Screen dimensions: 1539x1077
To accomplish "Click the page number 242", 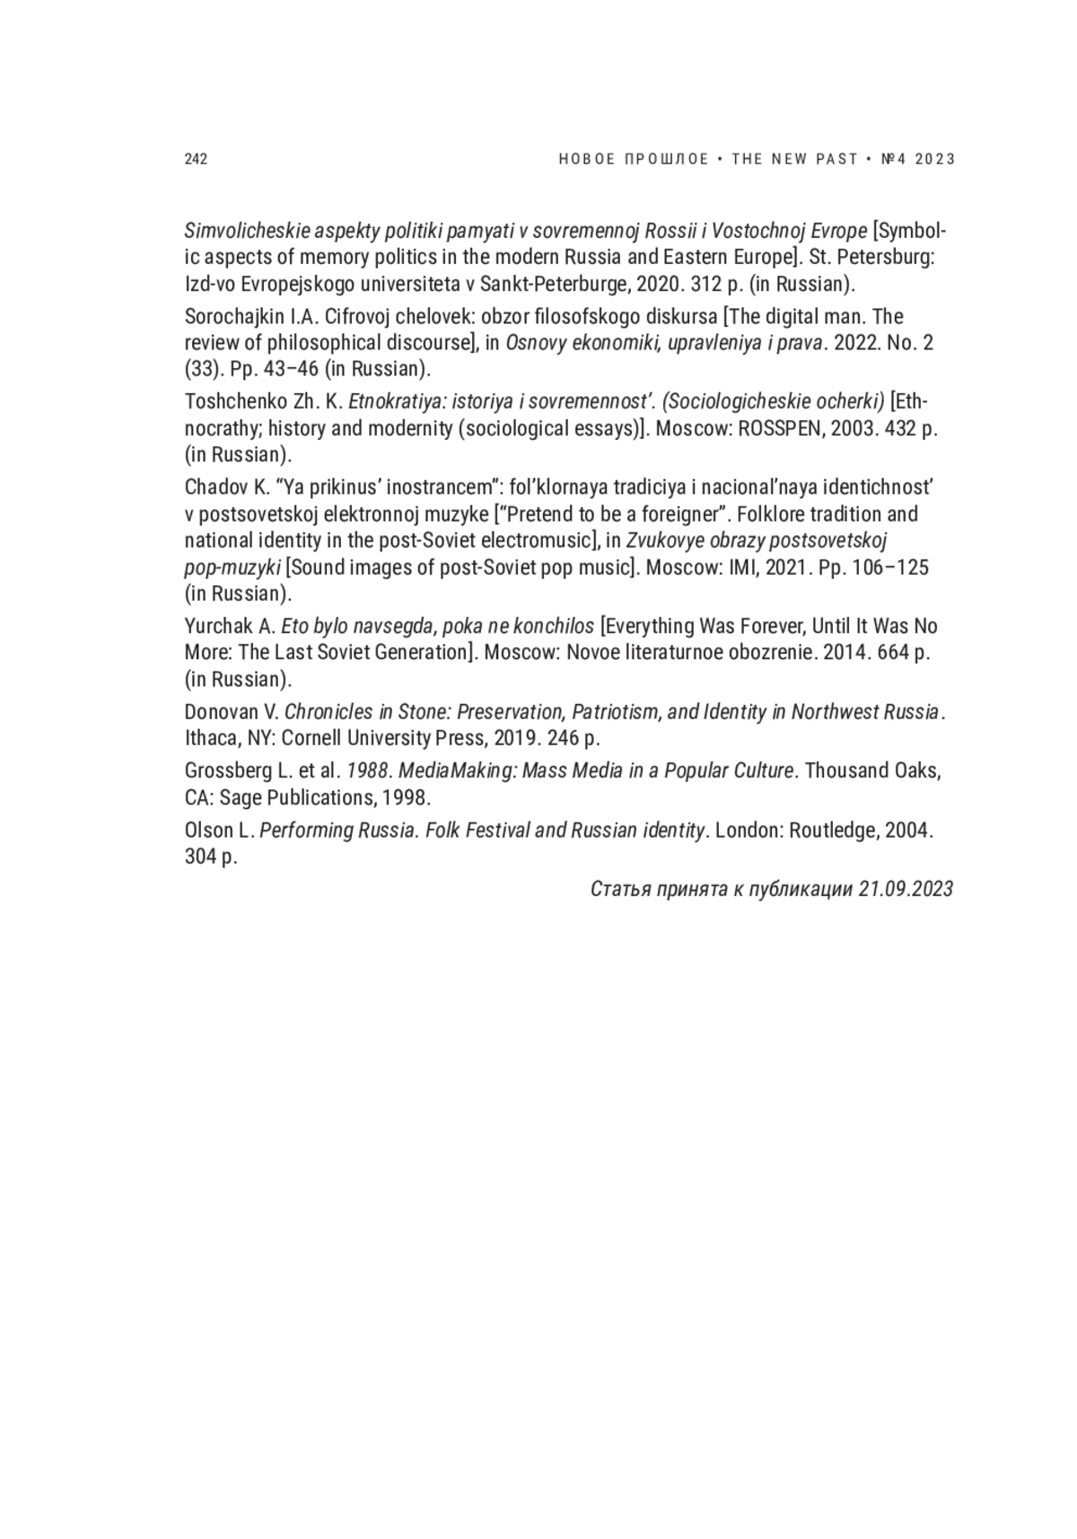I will [196, 159].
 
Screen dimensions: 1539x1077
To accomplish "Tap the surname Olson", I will [209, 831].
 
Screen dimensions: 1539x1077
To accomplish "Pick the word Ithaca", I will [209, 738].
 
